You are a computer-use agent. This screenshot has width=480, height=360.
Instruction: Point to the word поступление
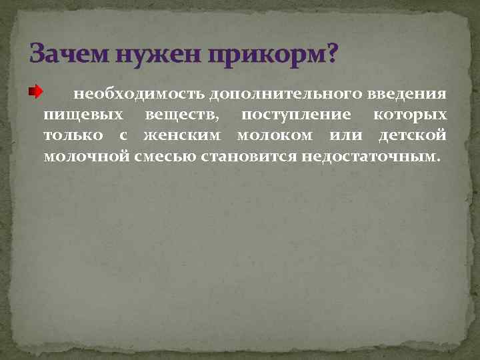(x=296, y=115)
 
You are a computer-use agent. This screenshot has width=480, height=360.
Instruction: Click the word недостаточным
(x=371, y=157)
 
